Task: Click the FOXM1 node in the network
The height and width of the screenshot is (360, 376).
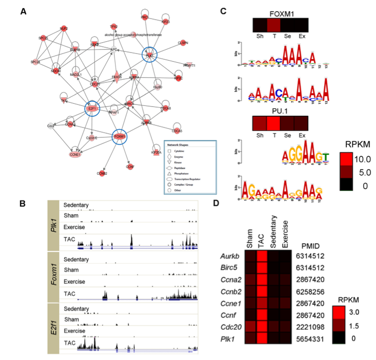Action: [119, 137]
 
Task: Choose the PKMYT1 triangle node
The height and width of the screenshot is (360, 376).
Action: [189, 65]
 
